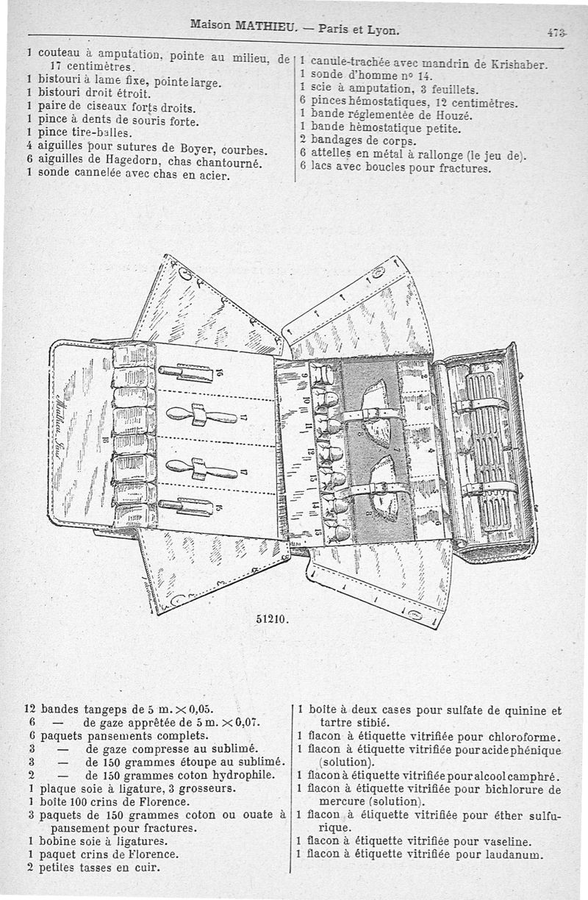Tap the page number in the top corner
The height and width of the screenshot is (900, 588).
[x=557, y=32]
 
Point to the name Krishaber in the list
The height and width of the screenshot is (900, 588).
[x=520, y=64]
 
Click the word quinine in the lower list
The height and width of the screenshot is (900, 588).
[x=519, y=711]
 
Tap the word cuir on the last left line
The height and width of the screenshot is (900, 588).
[x=147, y=868]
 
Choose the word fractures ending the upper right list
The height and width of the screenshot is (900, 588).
[x=463, y=168]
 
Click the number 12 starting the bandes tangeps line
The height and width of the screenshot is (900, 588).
[x=30, y=710]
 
